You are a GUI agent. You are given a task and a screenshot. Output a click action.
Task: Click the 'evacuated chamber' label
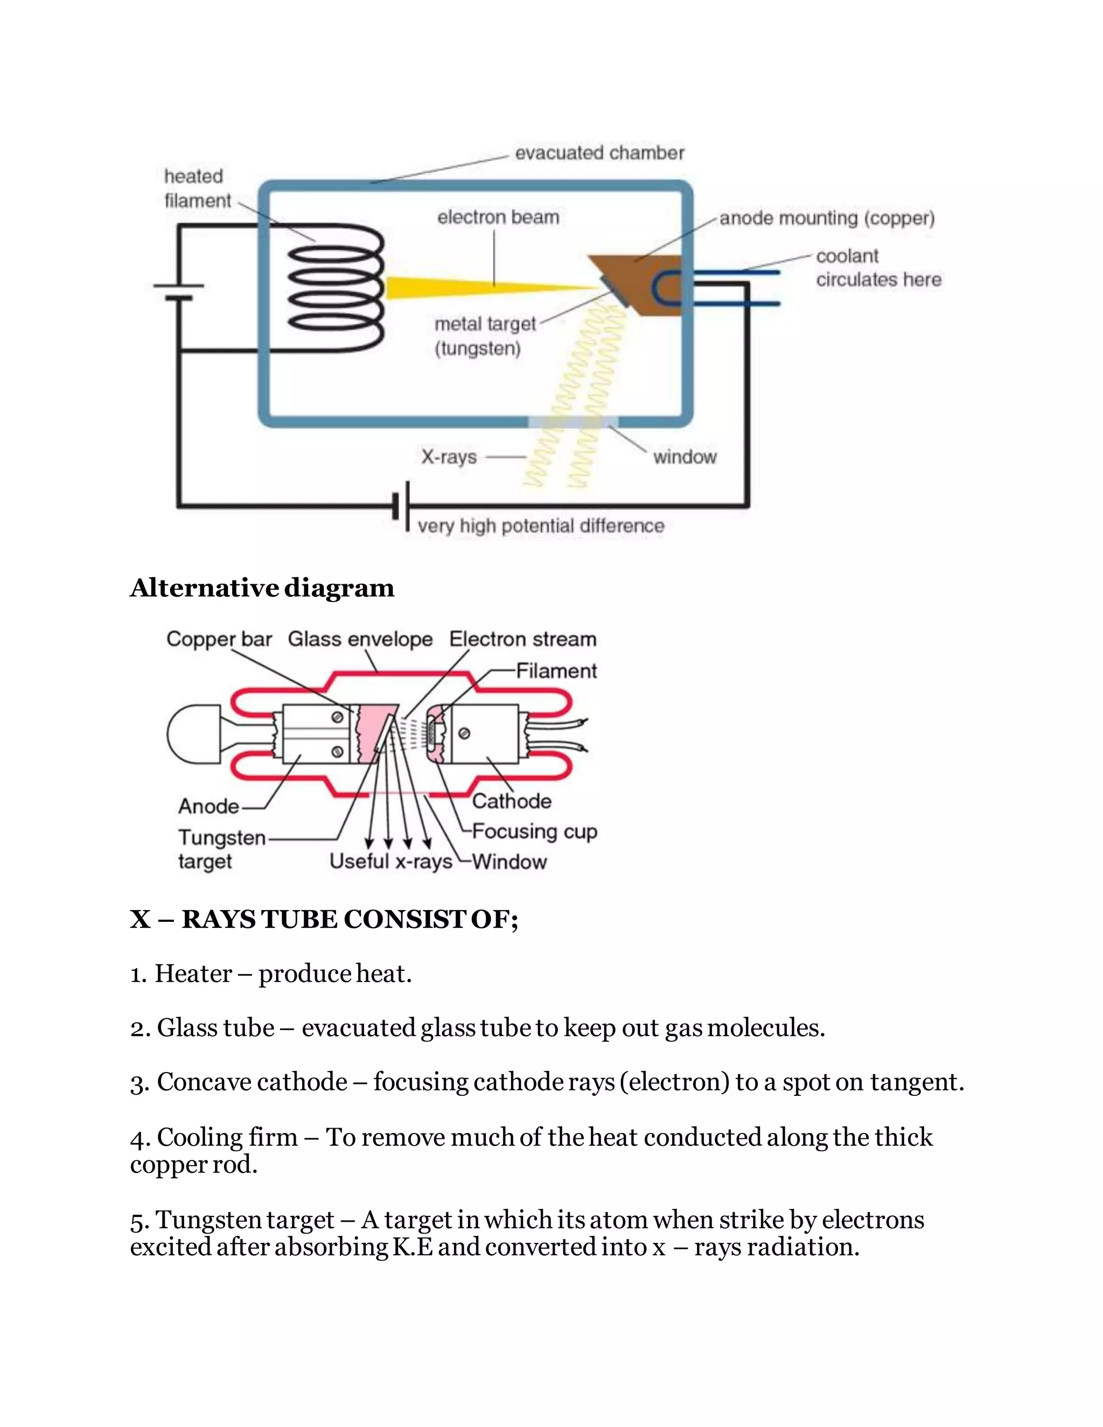point(599,153)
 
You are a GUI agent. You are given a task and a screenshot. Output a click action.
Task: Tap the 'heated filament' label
point(197,188)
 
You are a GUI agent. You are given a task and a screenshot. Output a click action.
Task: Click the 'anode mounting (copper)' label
point(827,218)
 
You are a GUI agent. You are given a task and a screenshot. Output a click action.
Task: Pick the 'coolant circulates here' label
point(878,268)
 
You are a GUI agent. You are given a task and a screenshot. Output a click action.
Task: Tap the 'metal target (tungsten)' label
point(484,336)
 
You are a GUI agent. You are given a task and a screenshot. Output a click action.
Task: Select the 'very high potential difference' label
point(540,526)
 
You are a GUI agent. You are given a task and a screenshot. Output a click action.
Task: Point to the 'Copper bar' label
point(219,639)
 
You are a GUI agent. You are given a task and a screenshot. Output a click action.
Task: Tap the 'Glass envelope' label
point(360,639)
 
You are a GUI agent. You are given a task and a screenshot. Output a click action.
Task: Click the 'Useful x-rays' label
point(391,861)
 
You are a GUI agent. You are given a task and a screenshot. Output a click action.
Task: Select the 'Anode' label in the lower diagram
point(208,806)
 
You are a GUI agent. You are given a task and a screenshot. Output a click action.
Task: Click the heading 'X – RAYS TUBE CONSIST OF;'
point(324,919)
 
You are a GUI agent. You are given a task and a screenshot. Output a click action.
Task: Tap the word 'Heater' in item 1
point(193,974)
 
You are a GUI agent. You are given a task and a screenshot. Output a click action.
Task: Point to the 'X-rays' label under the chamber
point(449,457)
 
